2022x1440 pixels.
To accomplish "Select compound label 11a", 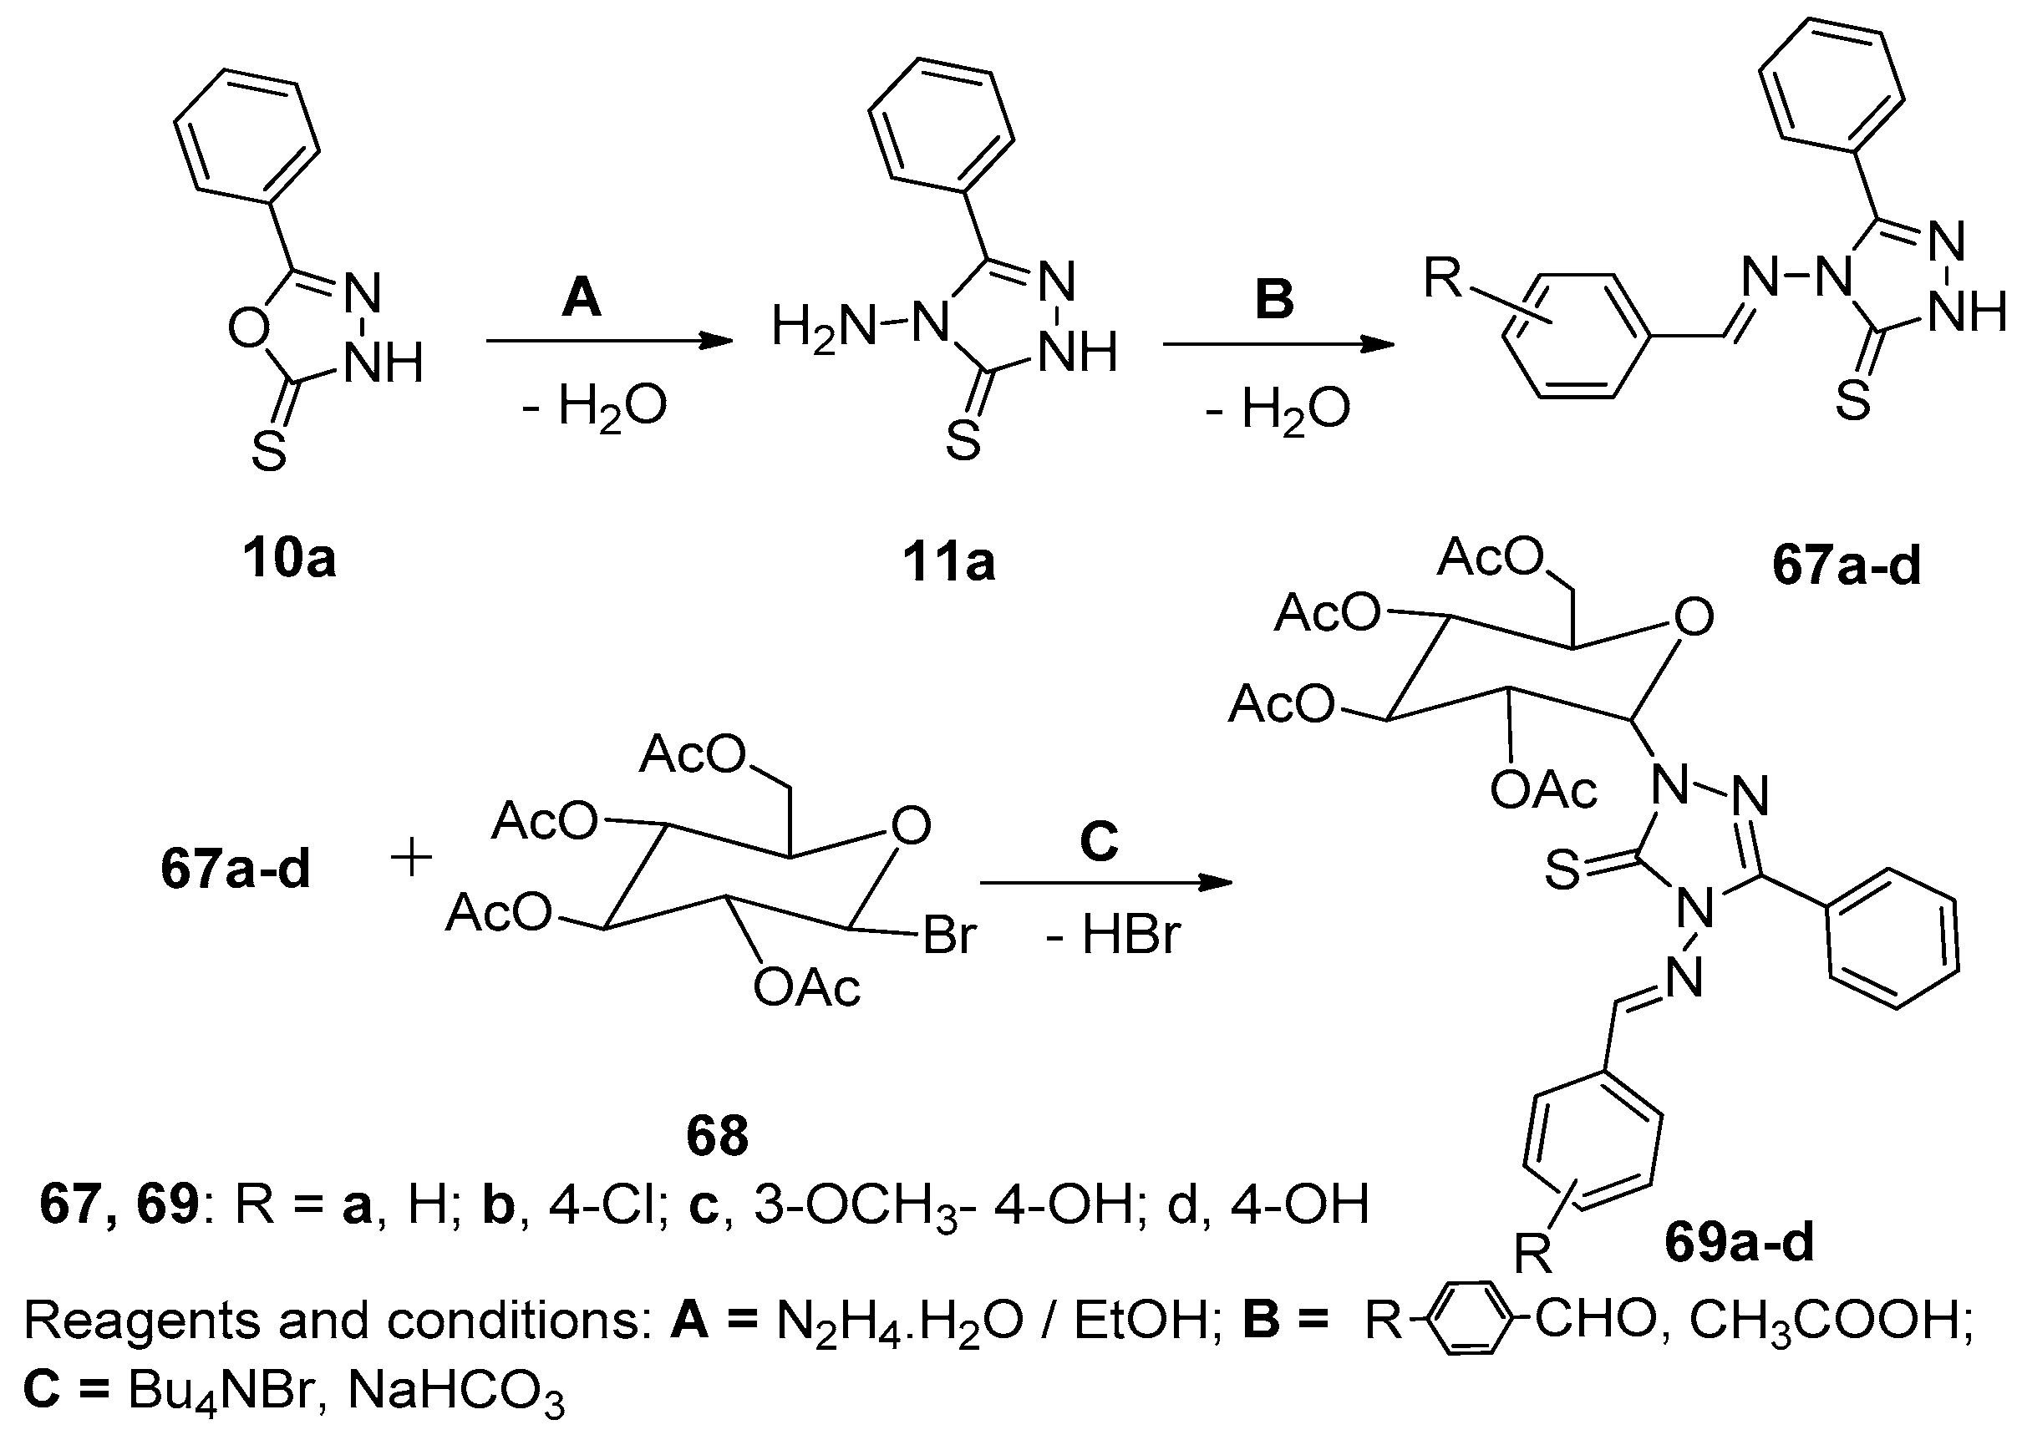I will [949, 562].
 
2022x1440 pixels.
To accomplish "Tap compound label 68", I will [717, 1136].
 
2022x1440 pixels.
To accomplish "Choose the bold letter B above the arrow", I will [1274, 299].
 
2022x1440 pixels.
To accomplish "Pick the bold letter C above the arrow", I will [1099, 839].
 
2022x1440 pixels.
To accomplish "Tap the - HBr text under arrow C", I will [1113, 935].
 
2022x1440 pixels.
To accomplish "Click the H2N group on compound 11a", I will [823, 327].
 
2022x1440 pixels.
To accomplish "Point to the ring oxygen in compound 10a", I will [249, 329].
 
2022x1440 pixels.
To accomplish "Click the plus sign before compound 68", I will [411, 859].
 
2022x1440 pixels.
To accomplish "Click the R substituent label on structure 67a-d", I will [1442, 276].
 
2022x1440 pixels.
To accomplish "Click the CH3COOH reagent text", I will [1831, 1321].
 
